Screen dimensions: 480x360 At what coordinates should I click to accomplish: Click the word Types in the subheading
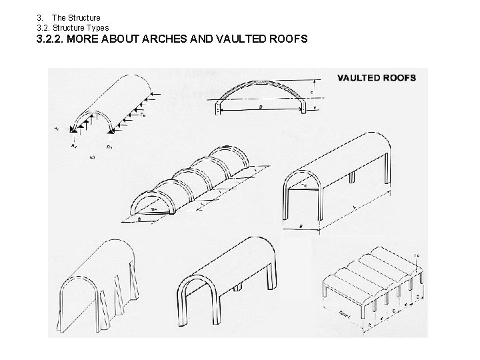click(x=97, y=27)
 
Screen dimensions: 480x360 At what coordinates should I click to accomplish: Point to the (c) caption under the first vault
click(x=91, y=158)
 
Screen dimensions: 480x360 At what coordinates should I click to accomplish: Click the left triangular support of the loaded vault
click(x=83, y=124)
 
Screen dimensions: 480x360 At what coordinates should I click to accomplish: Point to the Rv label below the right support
click(x=109, y=142)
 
